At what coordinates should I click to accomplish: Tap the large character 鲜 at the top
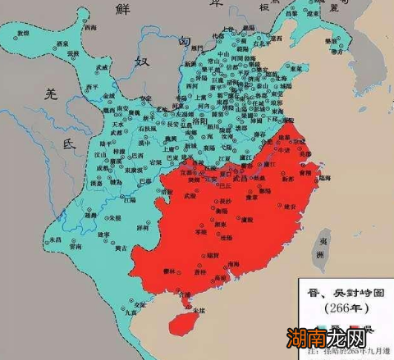(x=126, y=10)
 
